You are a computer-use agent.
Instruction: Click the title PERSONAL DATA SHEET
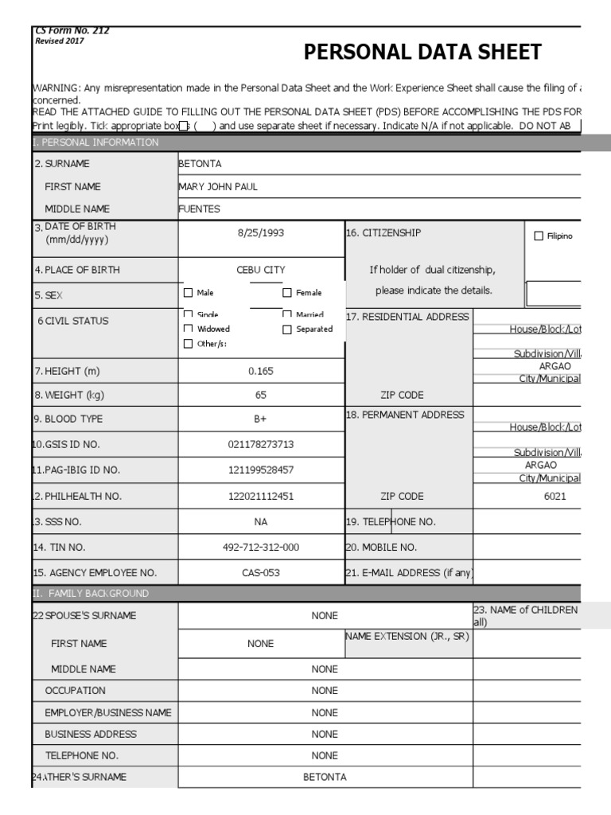click(x=422, y=53)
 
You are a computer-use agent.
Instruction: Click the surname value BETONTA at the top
click(x=200, y=164)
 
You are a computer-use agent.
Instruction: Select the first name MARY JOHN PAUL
click(x=219, y=187)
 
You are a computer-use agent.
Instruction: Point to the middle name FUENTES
click(x=200, y=209)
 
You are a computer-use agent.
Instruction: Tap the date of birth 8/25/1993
click(x=260, y=233)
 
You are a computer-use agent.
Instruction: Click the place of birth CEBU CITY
click(x=260, y=270)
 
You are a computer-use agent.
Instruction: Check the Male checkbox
click(x=189, y=293)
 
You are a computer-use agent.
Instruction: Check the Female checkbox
click(x=287, y=293)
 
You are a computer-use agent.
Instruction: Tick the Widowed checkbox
click(x=189, y=329)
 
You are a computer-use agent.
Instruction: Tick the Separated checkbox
click(x=287, y=329)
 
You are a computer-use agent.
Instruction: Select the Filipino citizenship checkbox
click(x=539, y=236)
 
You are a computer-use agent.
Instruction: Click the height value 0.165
click(x=260, y=371)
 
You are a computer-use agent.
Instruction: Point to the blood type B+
click(x=260, y=419)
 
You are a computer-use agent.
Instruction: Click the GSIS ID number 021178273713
click(x=260, y=444)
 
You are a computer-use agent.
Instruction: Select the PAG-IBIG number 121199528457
click(x=260, y=470)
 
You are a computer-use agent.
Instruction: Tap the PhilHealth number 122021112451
click(x=260, y=496)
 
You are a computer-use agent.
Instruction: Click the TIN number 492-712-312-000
click(x=260, y=548)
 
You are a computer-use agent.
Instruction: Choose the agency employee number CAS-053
click(x=260, y=573)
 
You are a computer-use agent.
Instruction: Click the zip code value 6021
click(x=555, y=496)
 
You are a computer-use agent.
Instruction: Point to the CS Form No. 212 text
click(x=72, y=31)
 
